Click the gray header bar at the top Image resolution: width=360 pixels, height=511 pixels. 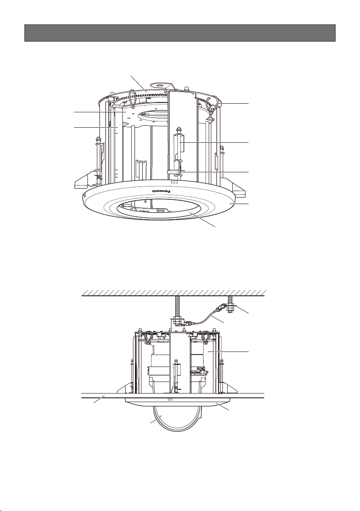pos(180,33)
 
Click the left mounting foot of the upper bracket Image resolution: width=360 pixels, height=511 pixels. pos(86,180)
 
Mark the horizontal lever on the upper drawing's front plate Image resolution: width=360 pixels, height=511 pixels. pos(176,171)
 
